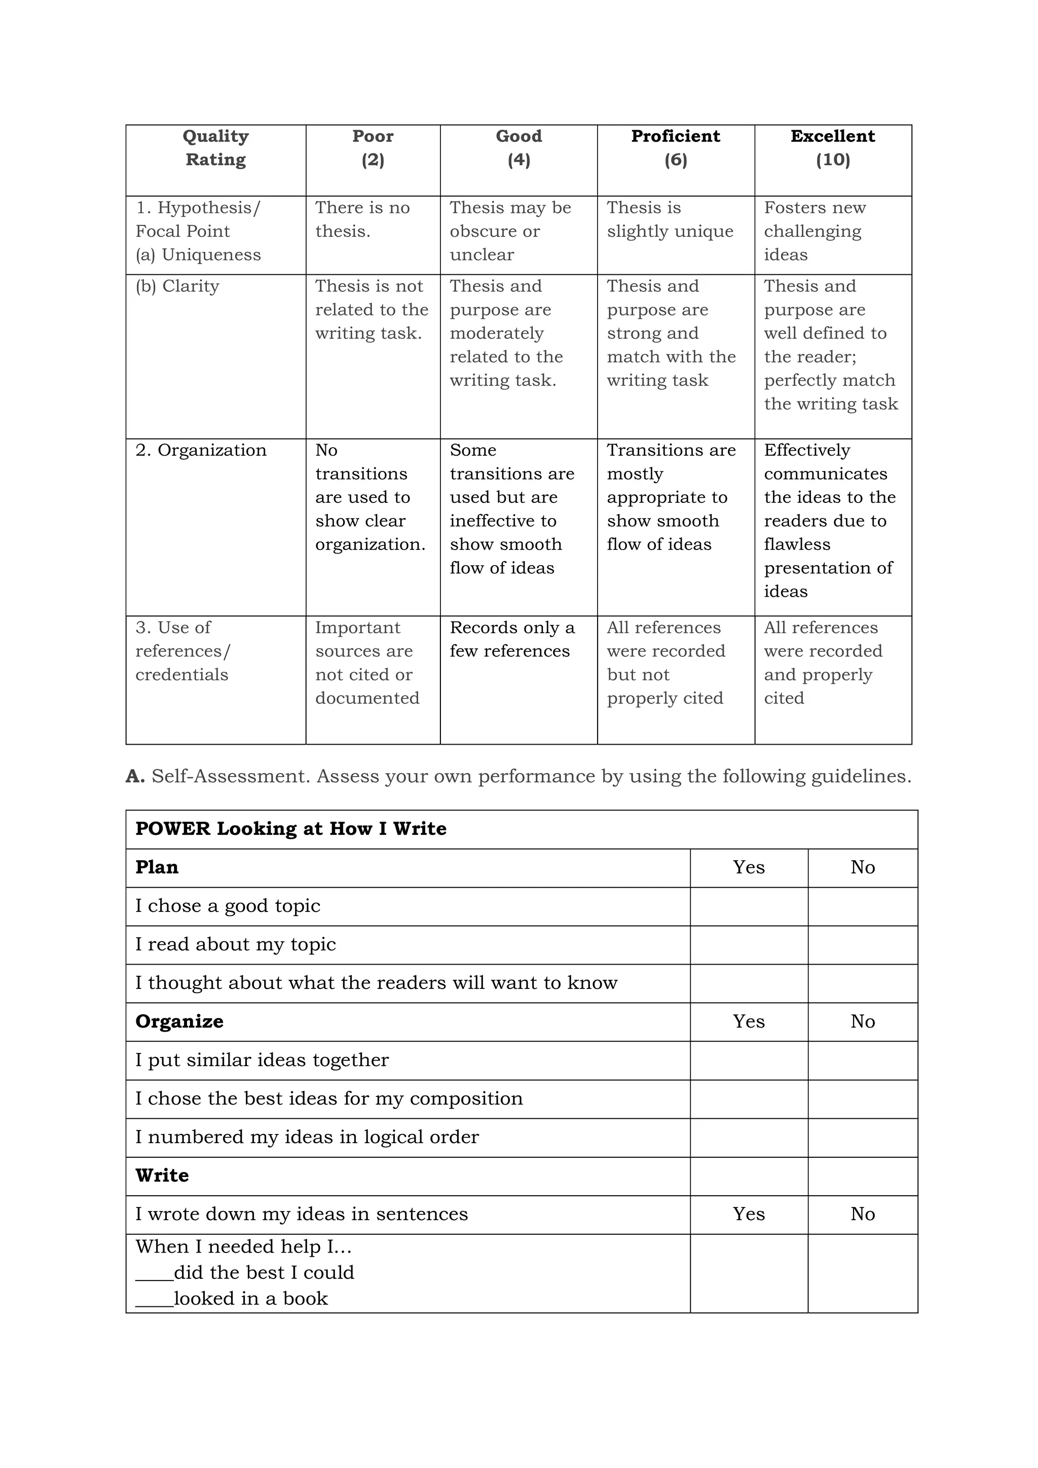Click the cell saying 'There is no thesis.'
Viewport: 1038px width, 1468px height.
[x=362, y=219]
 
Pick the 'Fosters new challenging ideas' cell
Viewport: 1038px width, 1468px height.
[x=814, y=231]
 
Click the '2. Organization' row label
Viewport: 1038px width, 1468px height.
[x=201, y=450]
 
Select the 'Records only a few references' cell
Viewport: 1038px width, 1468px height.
[x=512, y=639]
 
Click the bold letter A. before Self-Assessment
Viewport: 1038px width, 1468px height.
[x=135, y=776]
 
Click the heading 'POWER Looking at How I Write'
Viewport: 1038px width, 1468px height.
[x=291, y=829]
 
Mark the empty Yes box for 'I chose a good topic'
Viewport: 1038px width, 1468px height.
[x=749, y=906]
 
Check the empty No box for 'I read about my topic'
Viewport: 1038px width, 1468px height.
[x=862, y=944]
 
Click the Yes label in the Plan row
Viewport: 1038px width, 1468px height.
[x=749, y=868]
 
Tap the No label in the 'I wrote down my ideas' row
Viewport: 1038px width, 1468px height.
[x=862, y=1214]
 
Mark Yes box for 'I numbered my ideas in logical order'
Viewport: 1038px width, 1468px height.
[x=749, y=1137]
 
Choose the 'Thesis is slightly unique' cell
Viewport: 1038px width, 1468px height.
[x=670, y=219]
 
